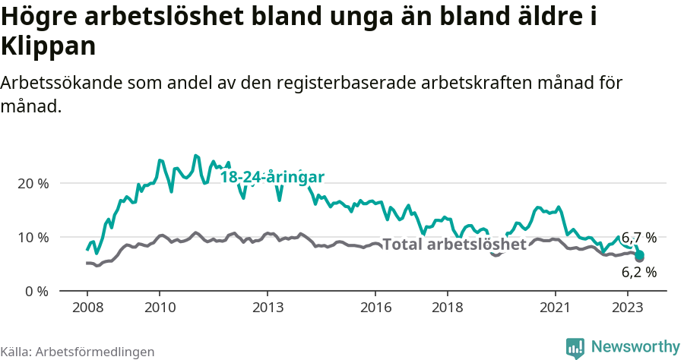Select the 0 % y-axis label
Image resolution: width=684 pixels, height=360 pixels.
click(39, 291)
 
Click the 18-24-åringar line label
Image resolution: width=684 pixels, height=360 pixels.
click(272, 177)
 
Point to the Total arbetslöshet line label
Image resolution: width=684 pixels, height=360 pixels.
click(454, 245)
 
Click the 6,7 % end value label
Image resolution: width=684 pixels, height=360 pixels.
click(638, 238)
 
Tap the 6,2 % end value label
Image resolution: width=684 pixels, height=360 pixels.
click(638, 272)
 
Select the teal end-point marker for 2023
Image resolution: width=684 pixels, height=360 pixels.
click(640, 254)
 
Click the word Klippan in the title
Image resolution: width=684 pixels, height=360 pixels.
click(49, 46)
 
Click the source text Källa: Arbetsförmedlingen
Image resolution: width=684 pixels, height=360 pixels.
click(78, 352)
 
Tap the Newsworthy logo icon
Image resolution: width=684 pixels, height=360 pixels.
click(575, 348)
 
